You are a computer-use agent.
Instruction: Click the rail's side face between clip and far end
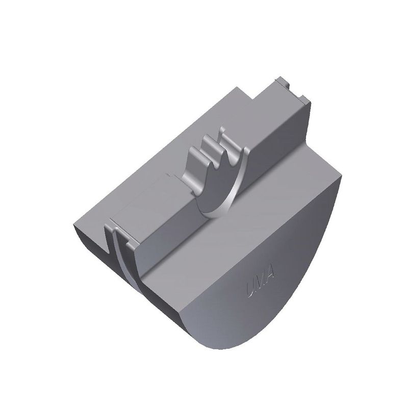click(275, 133)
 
